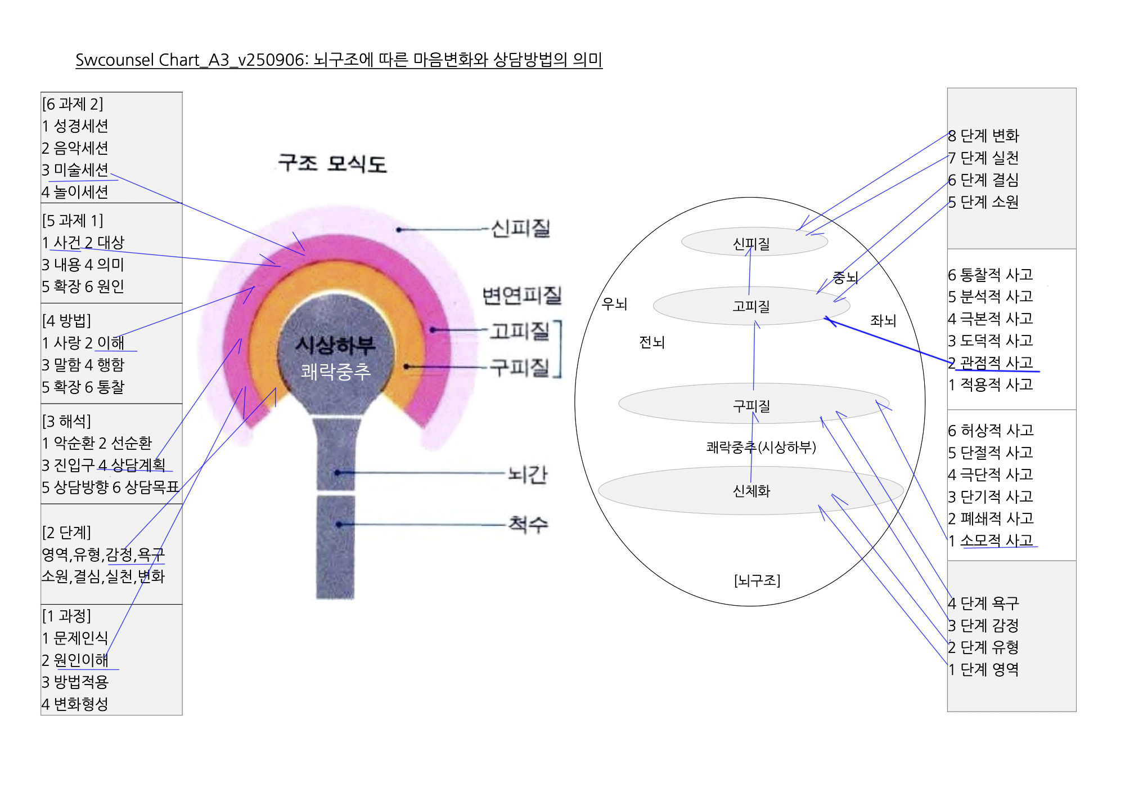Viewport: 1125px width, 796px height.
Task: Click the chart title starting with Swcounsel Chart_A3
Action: [339, 60]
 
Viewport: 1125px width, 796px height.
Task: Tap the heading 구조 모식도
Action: [332, 164]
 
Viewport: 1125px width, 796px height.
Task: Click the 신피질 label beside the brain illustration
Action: [520, 229]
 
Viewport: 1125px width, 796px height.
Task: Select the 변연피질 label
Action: [522, 296]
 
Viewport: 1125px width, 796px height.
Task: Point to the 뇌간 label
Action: [528, 475]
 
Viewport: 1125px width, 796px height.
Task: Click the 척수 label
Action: [528, 525]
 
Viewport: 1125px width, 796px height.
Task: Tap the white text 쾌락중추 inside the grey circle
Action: [336, 372]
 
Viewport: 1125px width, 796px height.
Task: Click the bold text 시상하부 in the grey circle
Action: [336, 345]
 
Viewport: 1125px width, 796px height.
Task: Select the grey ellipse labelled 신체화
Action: [751, 491]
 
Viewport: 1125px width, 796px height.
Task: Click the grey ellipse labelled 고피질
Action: [751, 306]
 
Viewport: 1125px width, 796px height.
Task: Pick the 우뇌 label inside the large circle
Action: [614, 304]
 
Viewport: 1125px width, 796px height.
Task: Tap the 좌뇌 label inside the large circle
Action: [883, 320]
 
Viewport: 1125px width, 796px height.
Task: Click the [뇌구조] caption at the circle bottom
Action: [757, 580]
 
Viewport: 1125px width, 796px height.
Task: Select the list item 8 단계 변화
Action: [983, 136]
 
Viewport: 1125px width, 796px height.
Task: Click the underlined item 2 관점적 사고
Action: [991, 363]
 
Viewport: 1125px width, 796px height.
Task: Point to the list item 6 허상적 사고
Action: [991, 431]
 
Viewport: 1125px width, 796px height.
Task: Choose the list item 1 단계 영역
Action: [983, 669]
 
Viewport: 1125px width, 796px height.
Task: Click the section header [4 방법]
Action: [66, 320]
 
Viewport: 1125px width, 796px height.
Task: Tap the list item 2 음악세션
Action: [75, 148]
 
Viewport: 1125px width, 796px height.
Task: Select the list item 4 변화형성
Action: [75, 704]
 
